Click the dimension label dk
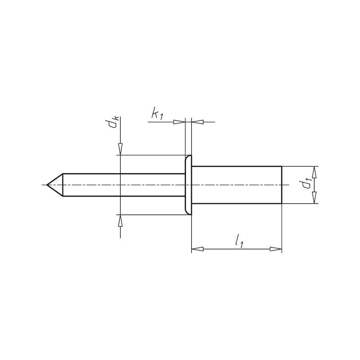pyautogui.click(x=116, y=122)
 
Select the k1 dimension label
pyautogui.click(x=157, y=115)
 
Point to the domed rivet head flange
pyautogui.click(x=188, y=185)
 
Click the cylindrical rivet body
pyautogui.click(x=236, y=185)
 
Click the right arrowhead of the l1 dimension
pyautogui.click(x=276, y=249)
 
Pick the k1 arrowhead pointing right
pyautogui.click(x=179, y=121)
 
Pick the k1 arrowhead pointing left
pyautogui.click(x=198, y=121)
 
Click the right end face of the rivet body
pyautogui.click(x=282, y=185)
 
